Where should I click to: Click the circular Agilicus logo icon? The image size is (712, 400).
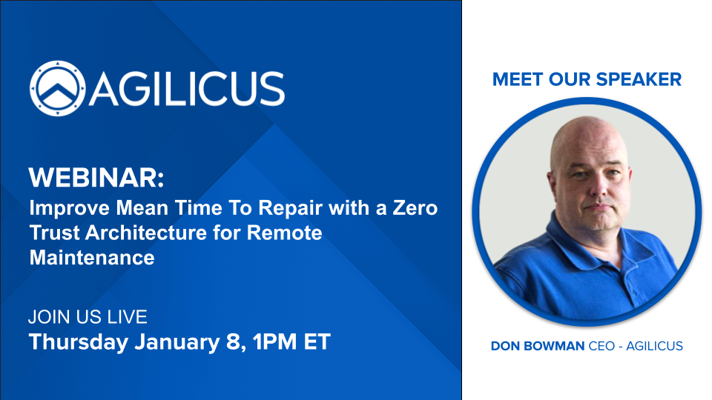click(x=58, y=88)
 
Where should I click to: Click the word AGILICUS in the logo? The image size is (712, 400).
click(x=187, y=89)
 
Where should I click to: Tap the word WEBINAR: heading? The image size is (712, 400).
click(x=96, y=177)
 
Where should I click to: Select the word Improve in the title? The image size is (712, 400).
click(x=70, y=208)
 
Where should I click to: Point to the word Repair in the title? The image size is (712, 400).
click(x=291, y=208)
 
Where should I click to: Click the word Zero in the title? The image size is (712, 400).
click(x=415, y=207)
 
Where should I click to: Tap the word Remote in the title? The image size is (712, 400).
click(x=284, y=233)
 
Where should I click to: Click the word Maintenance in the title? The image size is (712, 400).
click(x=92, y=258)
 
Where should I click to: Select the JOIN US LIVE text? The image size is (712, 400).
click(x=88, y=316)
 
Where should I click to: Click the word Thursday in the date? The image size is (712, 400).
click(x=79, y=342)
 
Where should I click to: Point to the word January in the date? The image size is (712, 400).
click(x=177, y=342)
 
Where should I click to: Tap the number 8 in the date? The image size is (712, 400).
click(x=233, y=342)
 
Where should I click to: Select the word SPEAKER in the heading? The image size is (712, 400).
click(x=639, y=79)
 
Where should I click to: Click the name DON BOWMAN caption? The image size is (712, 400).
click(x=538, y=346)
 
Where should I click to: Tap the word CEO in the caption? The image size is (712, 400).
click(x=601, y=346)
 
